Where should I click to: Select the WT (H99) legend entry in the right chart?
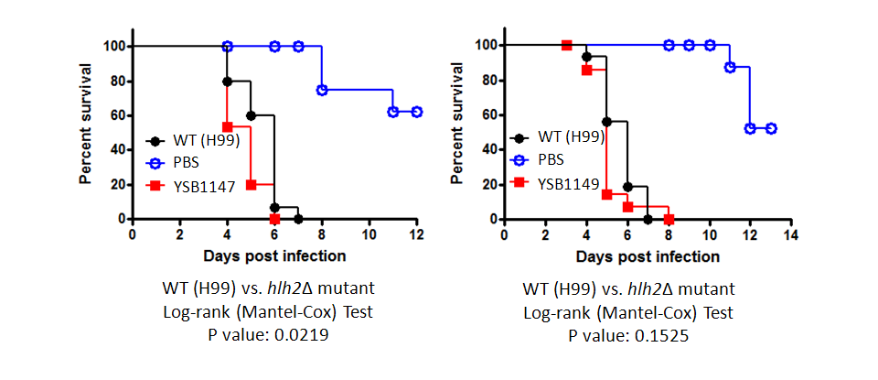[569, 138]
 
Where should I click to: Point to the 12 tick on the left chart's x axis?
[417, 233]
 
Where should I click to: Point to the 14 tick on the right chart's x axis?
[790, 233]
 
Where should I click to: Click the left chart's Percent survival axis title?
[85, 123]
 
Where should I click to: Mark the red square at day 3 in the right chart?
[566, 45]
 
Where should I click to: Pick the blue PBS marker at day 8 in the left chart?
[322, 90]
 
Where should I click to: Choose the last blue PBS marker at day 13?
[770, 128]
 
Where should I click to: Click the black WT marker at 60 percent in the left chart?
[251, 115]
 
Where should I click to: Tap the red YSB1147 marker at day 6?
[274, 219]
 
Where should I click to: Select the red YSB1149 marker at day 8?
[669, 219]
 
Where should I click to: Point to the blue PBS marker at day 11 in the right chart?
[730, 67]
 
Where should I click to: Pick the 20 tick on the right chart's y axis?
[488, 184]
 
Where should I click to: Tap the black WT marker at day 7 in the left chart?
[298, 219]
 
